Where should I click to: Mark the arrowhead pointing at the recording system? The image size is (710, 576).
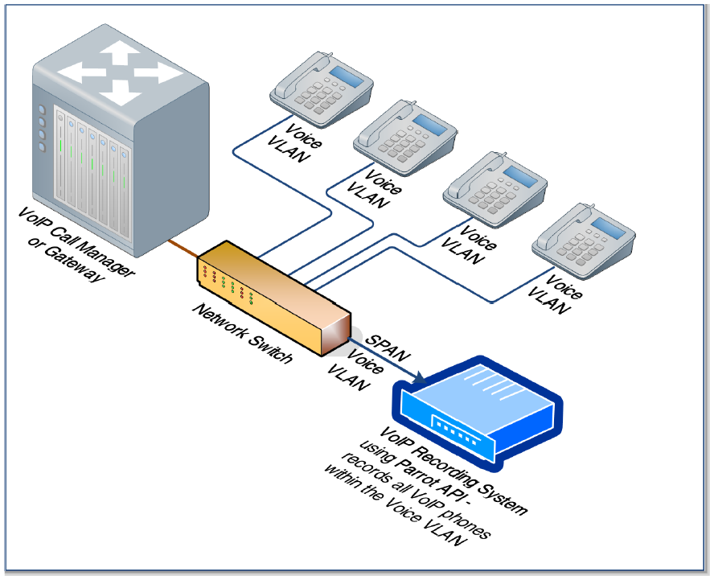[417, 374]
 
